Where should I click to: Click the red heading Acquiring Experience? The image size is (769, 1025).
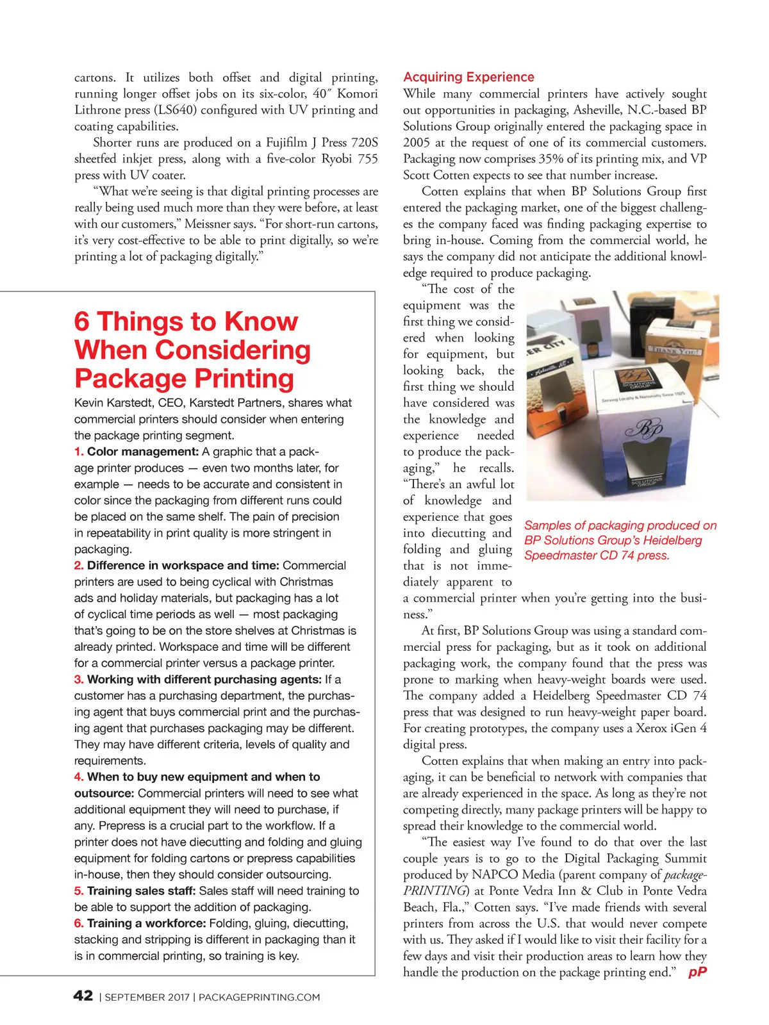pyautogui.click(x=468, y=77)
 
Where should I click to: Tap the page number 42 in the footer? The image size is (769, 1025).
pyautogui.click(x=83, y=996)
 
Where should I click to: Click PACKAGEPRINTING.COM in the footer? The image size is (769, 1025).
pyautogui.click(x=259, y=997)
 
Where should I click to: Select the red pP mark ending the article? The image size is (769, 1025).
pyautogui.click(x=697, y=972)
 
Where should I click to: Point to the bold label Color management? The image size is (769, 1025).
pyautogui.click(x=142, y=452)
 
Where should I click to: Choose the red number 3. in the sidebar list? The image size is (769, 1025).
pyautogui.click(x=79, y=679)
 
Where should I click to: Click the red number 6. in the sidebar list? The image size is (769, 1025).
pyautogui.click(x=79, y=923)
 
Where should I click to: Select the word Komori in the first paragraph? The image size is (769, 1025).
pyautogui.click(x=358, y=94)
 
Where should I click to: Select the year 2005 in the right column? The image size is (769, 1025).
pyautogui.click(x=417, y=142)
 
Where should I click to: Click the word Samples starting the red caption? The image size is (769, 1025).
pyautogui.click(x=548, y=525)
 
